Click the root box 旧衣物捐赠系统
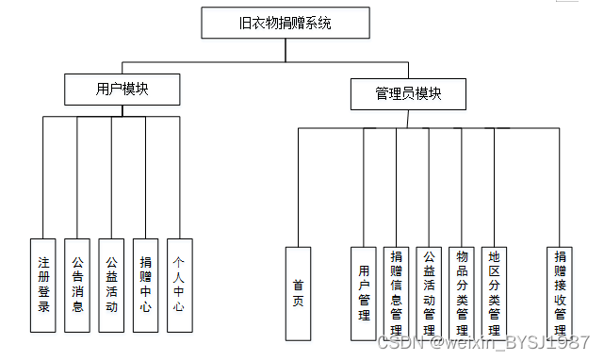286,24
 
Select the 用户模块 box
122,90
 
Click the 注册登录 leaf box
44,286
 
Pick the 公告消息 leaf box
78,286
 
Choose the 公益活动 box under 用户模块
111,286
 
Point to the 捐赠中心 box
145,286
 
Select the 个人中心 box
179,286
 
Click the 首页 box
298,293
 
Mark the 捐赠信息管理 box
397,293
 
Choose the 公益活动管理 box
430,293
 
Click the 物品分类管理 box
462,293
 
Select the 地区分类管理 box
495,293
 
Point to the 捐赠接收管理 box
561,293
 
